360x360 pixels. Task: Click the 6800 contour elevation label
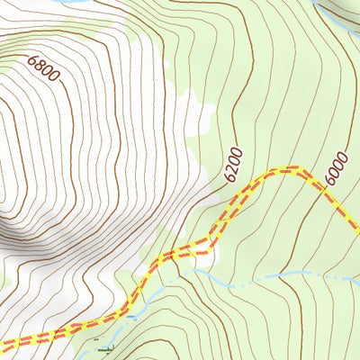pos(43,69)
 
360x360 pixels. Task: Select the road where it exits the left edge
pos(3,344)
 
